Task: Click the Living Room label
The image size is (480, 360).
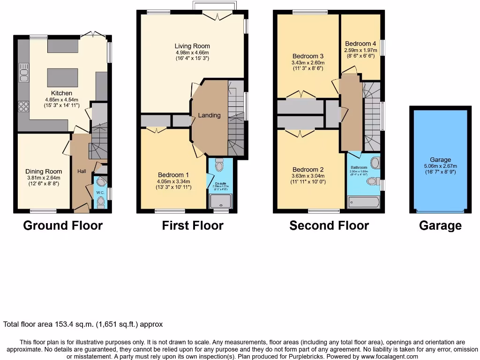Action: (192, 46)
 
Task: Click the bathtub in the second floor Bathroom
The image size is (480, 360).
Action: (364, 202)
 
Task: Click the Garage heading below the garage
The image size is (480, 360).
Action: (440, 225)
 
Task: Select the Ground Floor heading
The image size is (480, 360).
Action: (63, 225)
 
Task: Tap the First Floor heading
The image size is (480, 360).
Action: (193, 225)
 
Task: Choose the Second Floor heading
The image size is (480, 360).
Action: (329, 225)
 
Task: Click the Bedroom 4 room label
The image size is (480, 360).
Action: (359, 44)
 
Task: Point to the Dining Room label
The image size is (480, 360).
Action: (44, 172)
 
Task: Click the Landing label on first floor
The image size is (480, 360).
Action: (209, 115)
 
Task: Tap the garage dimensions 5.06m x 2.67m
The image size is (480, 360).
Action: (441, 165)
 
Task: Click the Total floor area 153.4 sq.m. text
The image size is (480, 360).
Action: (83, 324)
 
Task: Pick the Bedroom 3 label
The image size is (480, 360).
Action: (308, 56)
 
